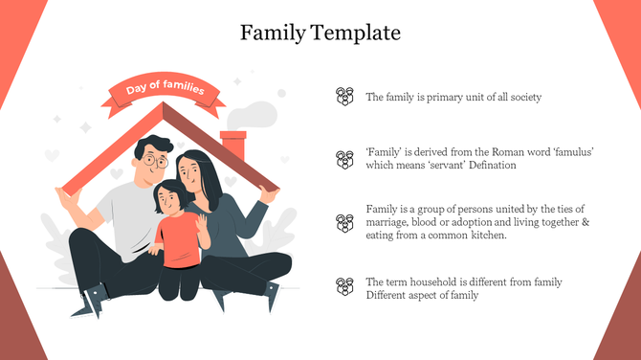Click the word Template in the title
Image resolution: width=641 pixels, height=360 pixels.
coord(356,34)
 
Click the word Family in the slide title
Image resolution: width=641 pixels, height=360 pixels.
coord(273,34)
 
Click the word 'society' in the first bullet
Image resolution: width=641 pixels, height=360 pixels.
coord(523,98)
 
